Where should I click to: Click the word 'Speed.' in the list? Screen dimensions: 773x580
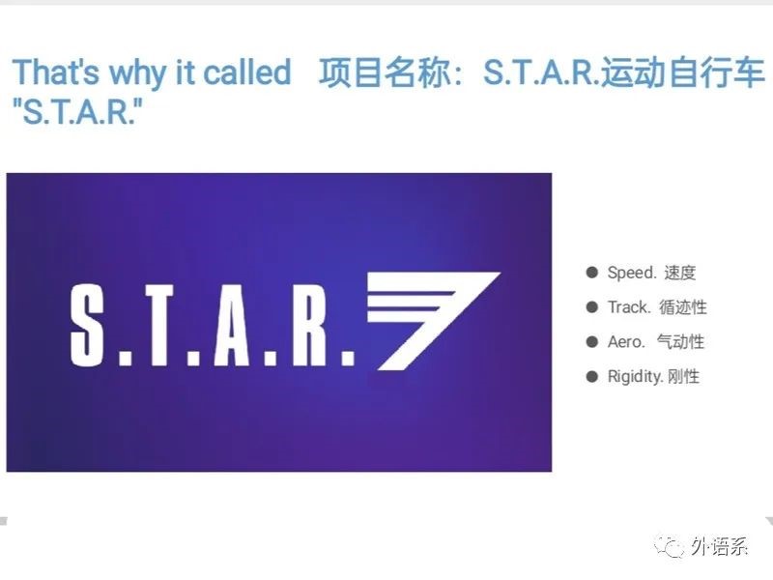point(632,273)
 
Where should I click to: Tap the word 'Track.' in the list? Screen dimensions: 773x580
point(629,307)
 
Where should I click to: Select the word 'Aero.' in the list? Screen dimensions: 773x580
point(626,342)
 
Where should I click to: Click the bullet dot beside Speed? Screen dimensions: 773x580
point(591,273)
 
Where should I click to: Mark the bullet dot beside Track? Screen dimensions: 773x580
point(591,307)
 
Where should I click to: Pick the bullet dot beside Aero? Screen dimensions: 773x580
point(591,342)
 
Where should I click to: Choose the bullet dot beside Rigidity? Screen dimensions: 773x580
point(591,377)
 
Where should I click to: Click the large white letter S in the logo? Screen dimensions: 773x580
point(87,325)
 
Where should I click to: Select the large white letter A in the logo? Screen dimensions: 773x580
point(232,325)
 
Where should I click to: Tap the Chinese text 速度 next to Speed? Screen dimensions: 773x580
point(680,273)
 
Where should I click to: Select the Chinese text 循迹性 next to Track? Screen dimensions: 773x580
point(683,307)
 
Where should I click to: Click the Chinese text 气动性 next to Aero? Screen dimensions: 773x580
point(681,342)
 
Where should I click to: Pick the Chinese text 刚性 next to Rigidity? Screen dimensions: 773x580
point(684,377)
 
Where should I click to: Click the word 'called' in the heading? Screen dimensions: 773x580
point(246,72)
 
